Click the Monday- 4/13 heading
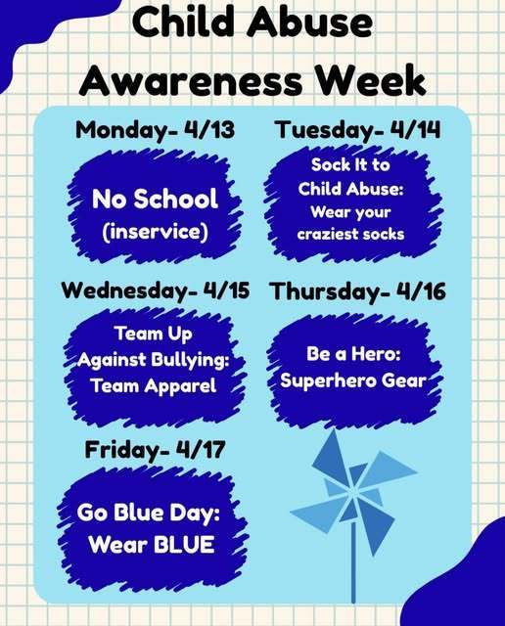coord(155,130)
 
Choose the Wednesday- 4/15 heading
coord(156,291)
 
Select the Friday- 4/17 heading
coord(155,450)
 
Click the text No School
coord(155,199)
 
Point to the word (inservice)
coord(155,233)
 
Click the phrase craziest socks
coord(350,234)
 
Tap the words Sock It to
coord(350,164)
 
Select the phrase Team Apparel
coord(153,384)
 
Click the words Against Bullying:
coord(153,360)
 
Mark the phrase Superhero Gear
coord(352,380)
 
